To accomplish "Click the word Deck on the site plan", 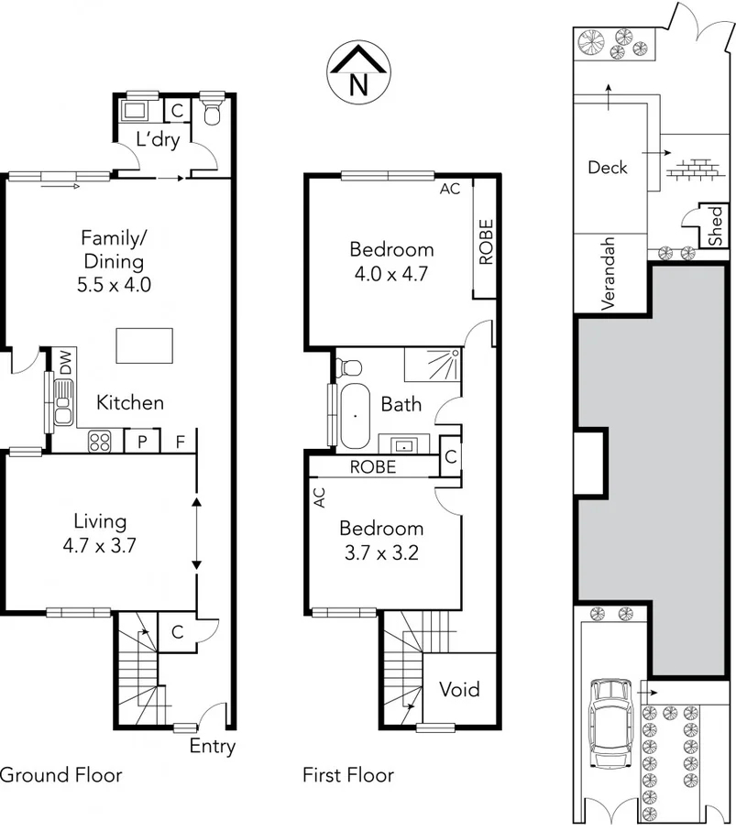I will (x=608, y=167).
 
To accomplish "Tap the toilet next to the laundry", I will (x=212, y=113).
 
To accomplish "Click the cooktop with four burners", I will (x=99, y=442).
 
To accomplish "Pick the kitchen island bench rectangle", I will (x=144, y=346).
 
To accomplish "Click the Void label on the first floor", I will (x=459, y=689).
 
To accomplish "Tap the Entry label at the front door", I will (x=212, y=746).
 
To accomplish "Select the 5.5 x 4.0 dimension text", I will (x=114, y=284).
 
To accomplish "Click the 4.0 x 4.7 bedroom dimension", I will (x=391, y=272).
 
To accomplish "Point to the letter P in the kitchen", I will (x=142, y=442).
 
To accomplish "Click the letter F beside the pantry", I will (x=181, y=442).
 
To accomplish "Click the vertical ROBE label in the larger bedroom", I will (x=486, y=242).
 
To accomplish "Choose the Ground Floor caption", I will (x=60, y=775).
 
